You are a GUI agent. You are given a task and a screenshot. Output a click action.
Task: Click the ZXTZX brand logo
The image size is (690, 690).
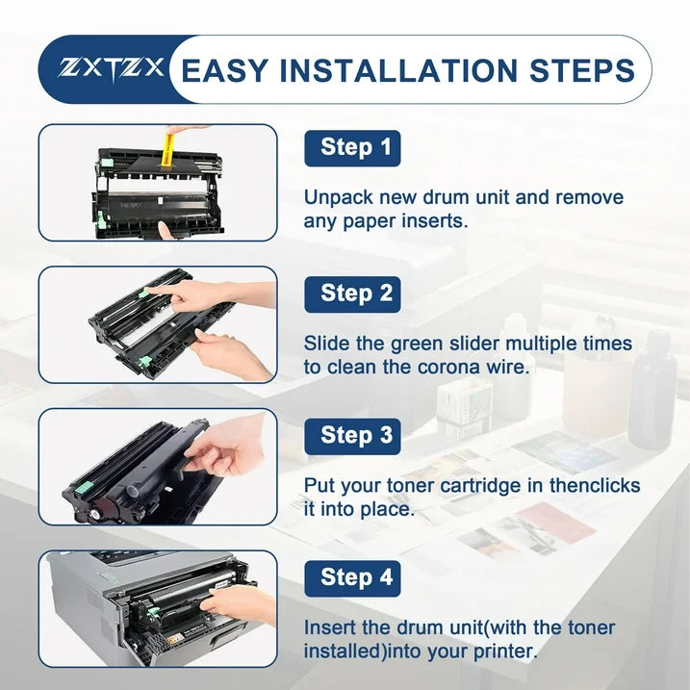point(111,69)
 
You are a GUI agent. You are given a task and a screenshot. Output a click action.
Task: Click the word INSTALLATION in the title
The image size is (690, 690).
point(397,70)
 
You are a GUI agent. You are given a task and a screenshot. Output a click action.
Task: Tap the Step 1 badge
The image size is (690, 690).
point(352,148)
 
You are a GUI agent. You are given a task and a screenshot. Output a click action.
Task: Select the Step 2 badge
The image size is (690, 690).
point(352,294)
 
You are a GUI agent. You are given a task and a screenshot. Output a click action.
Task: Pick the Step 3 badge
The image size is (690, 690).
point(352,436)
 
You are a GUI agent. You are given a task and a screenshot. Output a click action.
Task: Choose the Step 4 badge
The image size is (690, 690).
point(352,578)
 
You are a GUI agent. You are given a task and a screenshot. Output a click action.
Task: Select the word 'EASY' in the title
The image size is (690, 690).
point(224,70)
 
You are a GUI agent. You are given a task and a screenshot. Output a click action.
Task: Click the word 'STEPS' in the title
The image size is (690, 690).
point(582,70)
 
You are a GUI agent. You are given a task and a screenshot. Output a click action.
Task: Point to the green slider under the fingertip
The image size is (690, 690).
point(145,292)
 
